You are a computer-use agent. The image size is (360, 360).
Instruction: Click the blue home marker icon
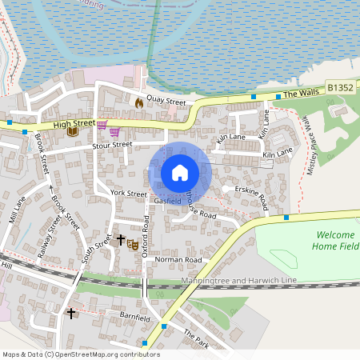pyautogui.click(x=180, y=173)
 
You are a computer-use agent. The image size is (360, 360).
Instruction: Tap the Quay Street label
pyautogui.click(x=166, y=102)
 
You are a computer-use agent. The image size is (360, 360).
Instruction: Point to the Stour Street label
pyautogui.click(x=111, y=145)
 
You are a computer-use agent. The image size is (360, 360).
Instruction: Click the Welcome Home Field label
pyautogui.click(x=338, y=241)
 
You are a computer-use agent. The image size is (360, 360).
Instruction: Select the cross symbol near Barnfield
pyautogui.click(x=71, y=313)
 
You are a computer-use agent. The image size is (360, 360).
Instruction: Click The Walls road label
pyautogui.click(x=301, y=94)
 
